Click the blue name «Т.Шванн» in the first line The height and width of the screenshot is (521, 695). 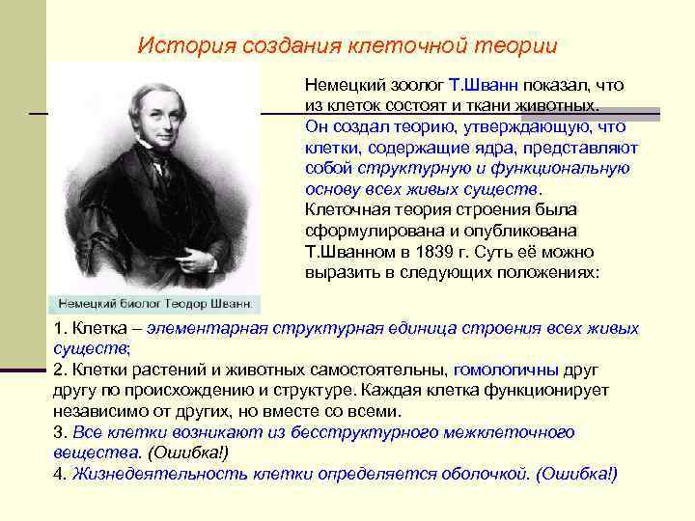point(480,85)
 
